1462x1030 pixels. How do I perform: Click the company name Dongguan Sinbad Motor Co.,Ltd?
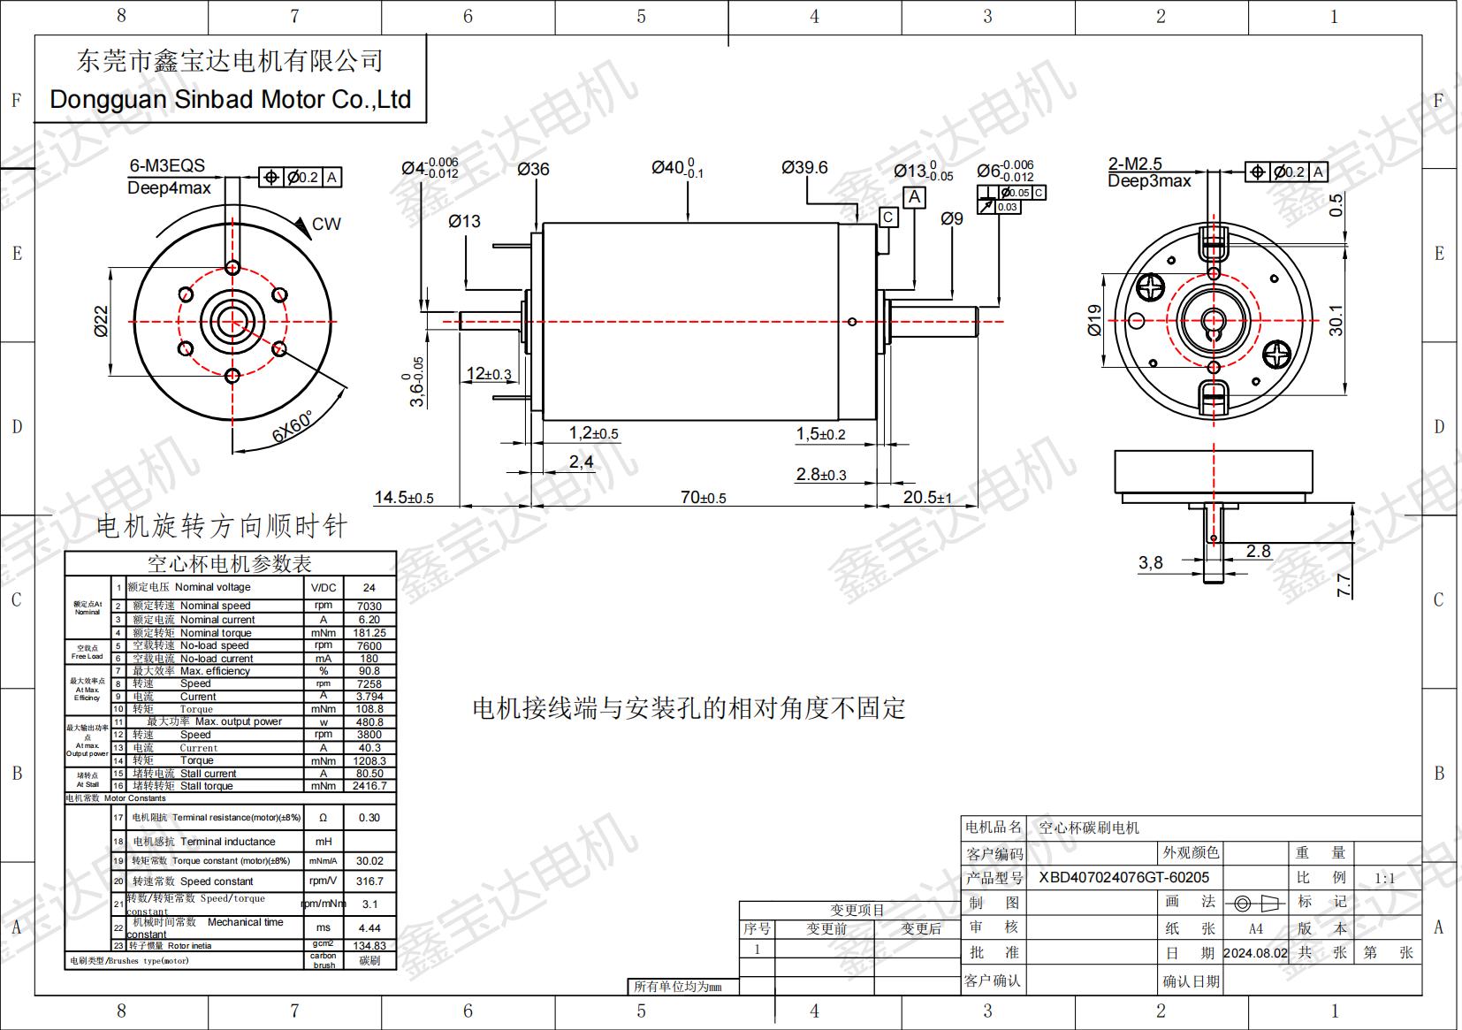click(230, 99)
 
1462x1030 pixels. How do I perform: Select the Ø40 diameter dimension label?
click(676, 167)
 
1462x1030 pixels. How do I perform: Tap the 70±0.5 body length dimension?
click(703, 498)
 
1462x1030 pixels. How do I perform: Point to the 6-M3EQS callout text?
click(167, 165)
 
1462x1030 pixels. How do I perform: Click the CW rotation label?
click(325, 224)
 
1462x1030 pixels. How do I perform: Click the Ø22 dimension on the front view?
click(101, 321)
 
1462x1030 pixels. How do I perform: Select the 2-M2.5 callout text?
click(1135, 164)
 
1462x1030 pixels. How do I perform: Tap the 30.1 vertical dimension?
click(1336, 320)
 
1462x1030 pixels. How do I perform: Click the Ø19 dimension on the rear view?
click(1094, 320)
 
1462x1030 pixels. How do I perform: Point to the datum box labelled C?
click(887, 217)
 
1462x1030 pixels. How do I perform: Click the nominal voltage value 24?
click(369, 587)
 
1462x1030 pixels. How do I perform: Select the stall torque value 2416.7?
click(369, 785)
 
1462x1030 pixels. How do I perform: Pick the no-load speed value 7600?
click(369, 645)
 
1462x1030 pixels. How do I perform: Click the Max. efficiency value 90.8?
click(369, 671)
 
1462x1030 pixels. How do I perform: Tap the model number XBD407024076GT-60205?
click(1123, 877)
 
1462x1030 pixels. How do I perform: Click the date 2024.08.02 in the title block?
click(1255, 953)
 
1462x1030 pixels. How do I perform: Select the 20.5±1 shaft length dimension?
click(926, 498)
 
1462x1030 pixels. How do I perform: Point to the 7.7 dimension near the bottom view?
click(1344, 584)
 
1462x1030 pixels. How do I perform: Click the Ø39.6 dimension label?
click(803, 167)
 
